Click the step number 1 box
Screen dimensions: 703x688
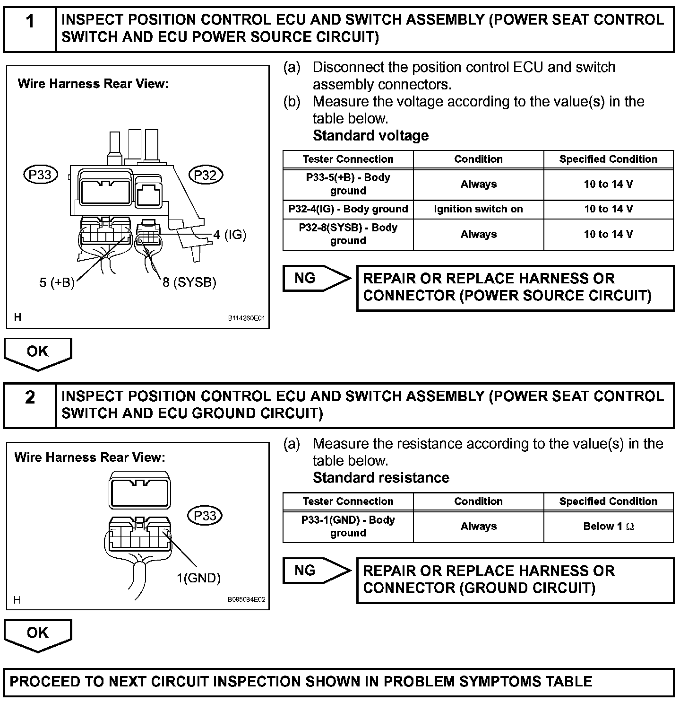click(30, 28)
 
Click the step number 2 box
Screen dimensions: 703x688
click(30, 405)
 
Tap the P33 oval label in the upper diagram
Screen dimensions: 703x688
click(40, 175)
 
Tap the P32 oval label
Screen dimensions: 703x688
click(205, 175)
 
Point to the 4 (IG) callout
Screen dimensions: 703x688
click(230, 235)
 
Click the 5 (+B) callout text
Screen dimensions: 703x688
click(57, 282)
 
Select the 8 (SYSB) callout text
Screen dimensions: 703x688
click(189, 282)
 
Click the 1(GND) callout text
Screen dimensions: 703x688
click(198, 578)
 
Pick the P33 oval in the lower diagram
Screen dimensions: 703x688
click(205, 515)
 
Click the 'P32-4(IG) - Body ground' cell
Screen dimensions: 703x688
click(348, 209)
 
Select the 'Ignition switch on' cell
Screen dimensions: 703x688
click(478, 209)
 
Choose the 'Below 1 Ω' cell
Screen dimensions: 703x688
click(608, 526)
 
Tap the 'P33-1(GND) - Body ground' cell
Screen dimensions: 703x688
click(348, 526)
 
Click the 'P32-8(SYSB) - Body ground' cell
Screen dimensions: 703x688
click(348, 234)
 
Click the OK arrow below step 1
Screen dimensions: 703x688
click(38, 353)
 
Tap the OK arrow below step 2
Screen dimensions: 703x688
click(38, 634)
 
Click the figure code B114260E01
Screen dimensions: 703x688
click(246, 319)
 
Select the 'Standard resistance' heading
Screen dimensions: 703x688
click(381, 478)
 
